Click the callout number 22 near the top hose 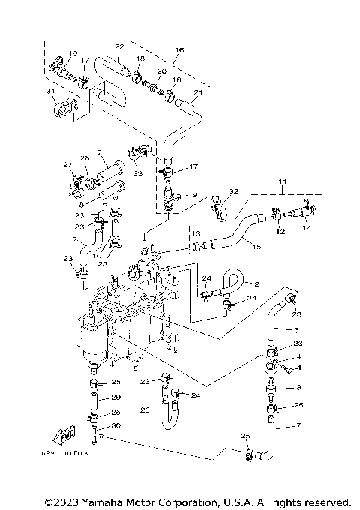[x=118, y=46]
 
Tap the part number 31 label [x=51, y=91]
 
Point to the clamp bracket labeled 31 [x=64, y=109]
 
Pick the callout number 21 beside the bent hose [x=198, y=94]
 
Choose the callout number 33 [x=137, y=173]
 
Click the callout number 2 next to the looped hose [x=256, y=284]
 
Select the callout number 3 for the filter [x=298, y=387]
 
